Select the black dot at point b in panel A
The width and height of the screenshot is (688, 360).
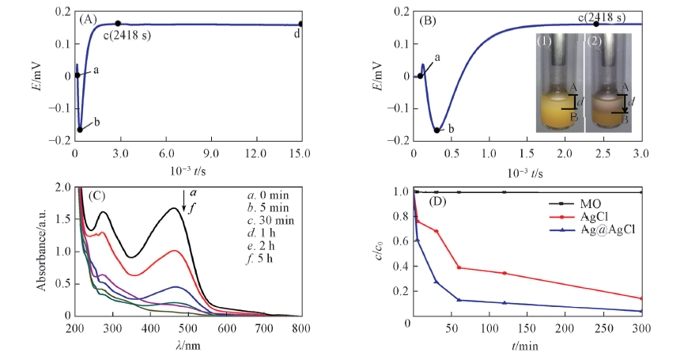[x=80, y=129]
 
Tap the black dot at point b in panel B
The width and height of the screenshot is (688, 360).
[x=437, y=129]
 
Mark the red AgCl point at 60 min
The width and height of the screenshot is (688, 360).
[x=459, y=267]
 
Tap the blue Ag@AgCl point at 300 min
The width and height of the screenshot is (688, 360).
[x=641, y=311]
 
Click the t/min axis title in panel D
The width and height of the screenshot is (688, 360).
[x=527, y=346]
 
